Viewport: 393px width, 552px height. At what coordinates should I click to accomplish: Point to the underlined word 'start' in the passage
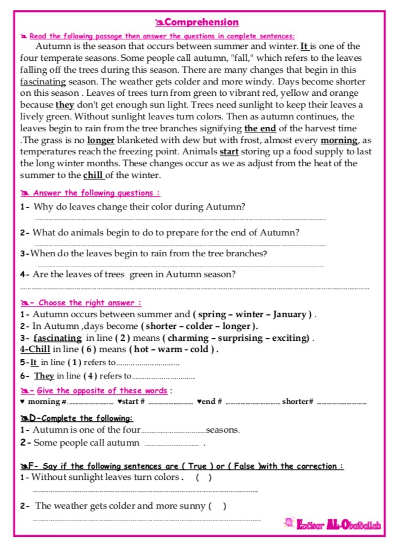pos(229,152)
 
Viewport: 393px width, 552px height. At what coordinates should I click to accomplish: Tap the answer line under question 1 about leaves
pos(180,219)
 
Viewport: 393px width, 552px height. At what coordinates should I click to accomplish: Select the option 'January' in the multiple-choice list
pos(288,314)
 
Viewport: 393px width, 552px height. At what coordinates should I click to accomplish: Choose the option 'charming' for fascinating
pos(188,338)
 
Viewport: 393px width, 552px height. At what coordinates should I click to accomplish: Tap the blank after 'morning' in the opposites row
pos(91,403)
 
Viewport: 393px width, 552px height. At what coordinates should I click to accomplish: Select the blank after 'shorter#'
pos(341,403)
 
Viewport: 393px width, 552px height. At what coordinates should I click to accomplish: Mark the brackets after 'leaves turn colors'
pos(204,478)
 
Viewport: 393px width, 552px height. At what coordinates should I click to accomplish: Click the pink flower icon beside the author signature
pos(291,525)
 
